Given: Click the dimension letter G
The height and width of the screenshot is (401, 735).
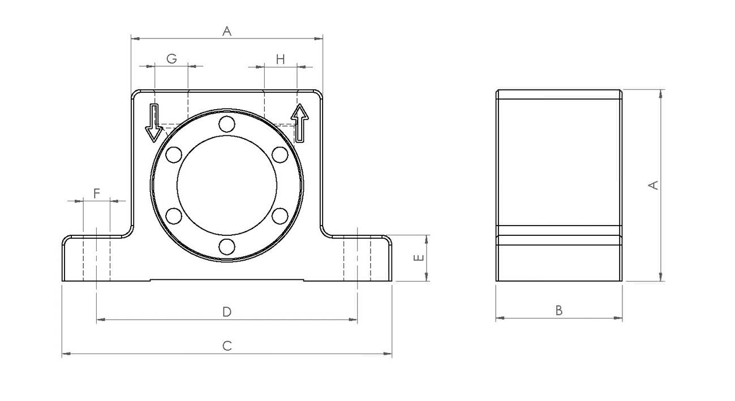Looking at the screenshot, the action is pos(171,59).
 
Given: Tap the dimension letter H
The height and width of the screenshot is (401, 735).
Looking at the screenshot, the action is pos(280,59).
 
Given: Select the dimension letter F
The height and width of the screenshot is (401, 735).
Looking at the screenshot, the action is pos(96,193).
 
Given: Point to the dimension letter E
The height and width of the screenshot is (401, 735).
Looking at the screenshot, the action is pos(419,258).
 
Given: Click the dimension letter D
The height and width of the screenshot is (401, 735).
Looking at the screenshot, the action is pos(227,312).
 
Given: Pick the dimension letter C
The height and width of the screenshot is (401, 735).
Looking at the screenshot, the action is pos(227,346).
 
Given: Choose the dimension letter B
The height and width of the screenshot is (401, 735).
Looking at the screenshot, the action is pos(559,311).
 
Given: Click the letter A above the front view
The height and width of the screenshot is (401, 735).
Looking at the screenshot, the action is pos(227,31).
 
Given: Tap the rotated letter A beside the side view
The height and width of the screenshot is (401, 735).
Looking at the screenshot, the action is pos(654,186).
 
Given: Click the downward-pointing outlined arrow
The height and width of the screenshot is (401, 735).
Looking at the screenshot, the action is pos(153,123).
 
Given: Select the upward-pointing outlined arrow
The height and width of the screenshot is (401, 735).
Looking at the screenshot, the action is pos(299,123).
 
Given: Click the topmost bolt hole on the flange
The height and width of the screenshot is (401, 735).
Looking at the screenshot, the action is pos(227,124).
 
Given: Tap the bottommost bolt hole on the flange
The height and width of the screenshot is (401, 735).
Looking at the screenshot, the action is pos(227,247).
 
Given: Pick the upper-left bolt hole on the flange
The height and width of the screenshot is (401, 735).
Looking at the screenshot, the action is pos(174,155).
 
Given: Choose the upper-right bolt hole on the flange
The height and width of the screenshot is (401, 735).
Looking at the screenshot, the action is pos(280,155).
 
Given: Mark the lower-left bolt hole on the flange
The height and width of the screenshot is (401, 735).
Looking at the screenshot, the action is pos(174,216).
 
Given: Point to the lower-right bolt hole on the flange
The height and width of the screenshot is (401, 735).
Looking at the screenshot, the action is pos(280,216).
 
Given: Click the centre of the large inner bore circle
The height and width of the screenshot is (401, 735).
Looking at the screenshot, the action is pos(227,186).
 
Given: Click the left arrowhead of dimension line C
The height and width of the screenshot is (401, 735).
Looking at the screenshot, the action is pos(66,354).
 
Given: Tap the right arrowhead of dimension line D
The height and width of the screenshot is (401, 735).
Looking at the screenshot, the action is pos(353,320).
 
